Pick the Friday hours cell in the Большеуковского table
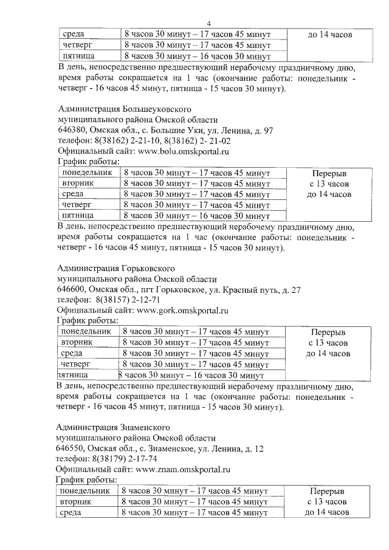tap(196, 215)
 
